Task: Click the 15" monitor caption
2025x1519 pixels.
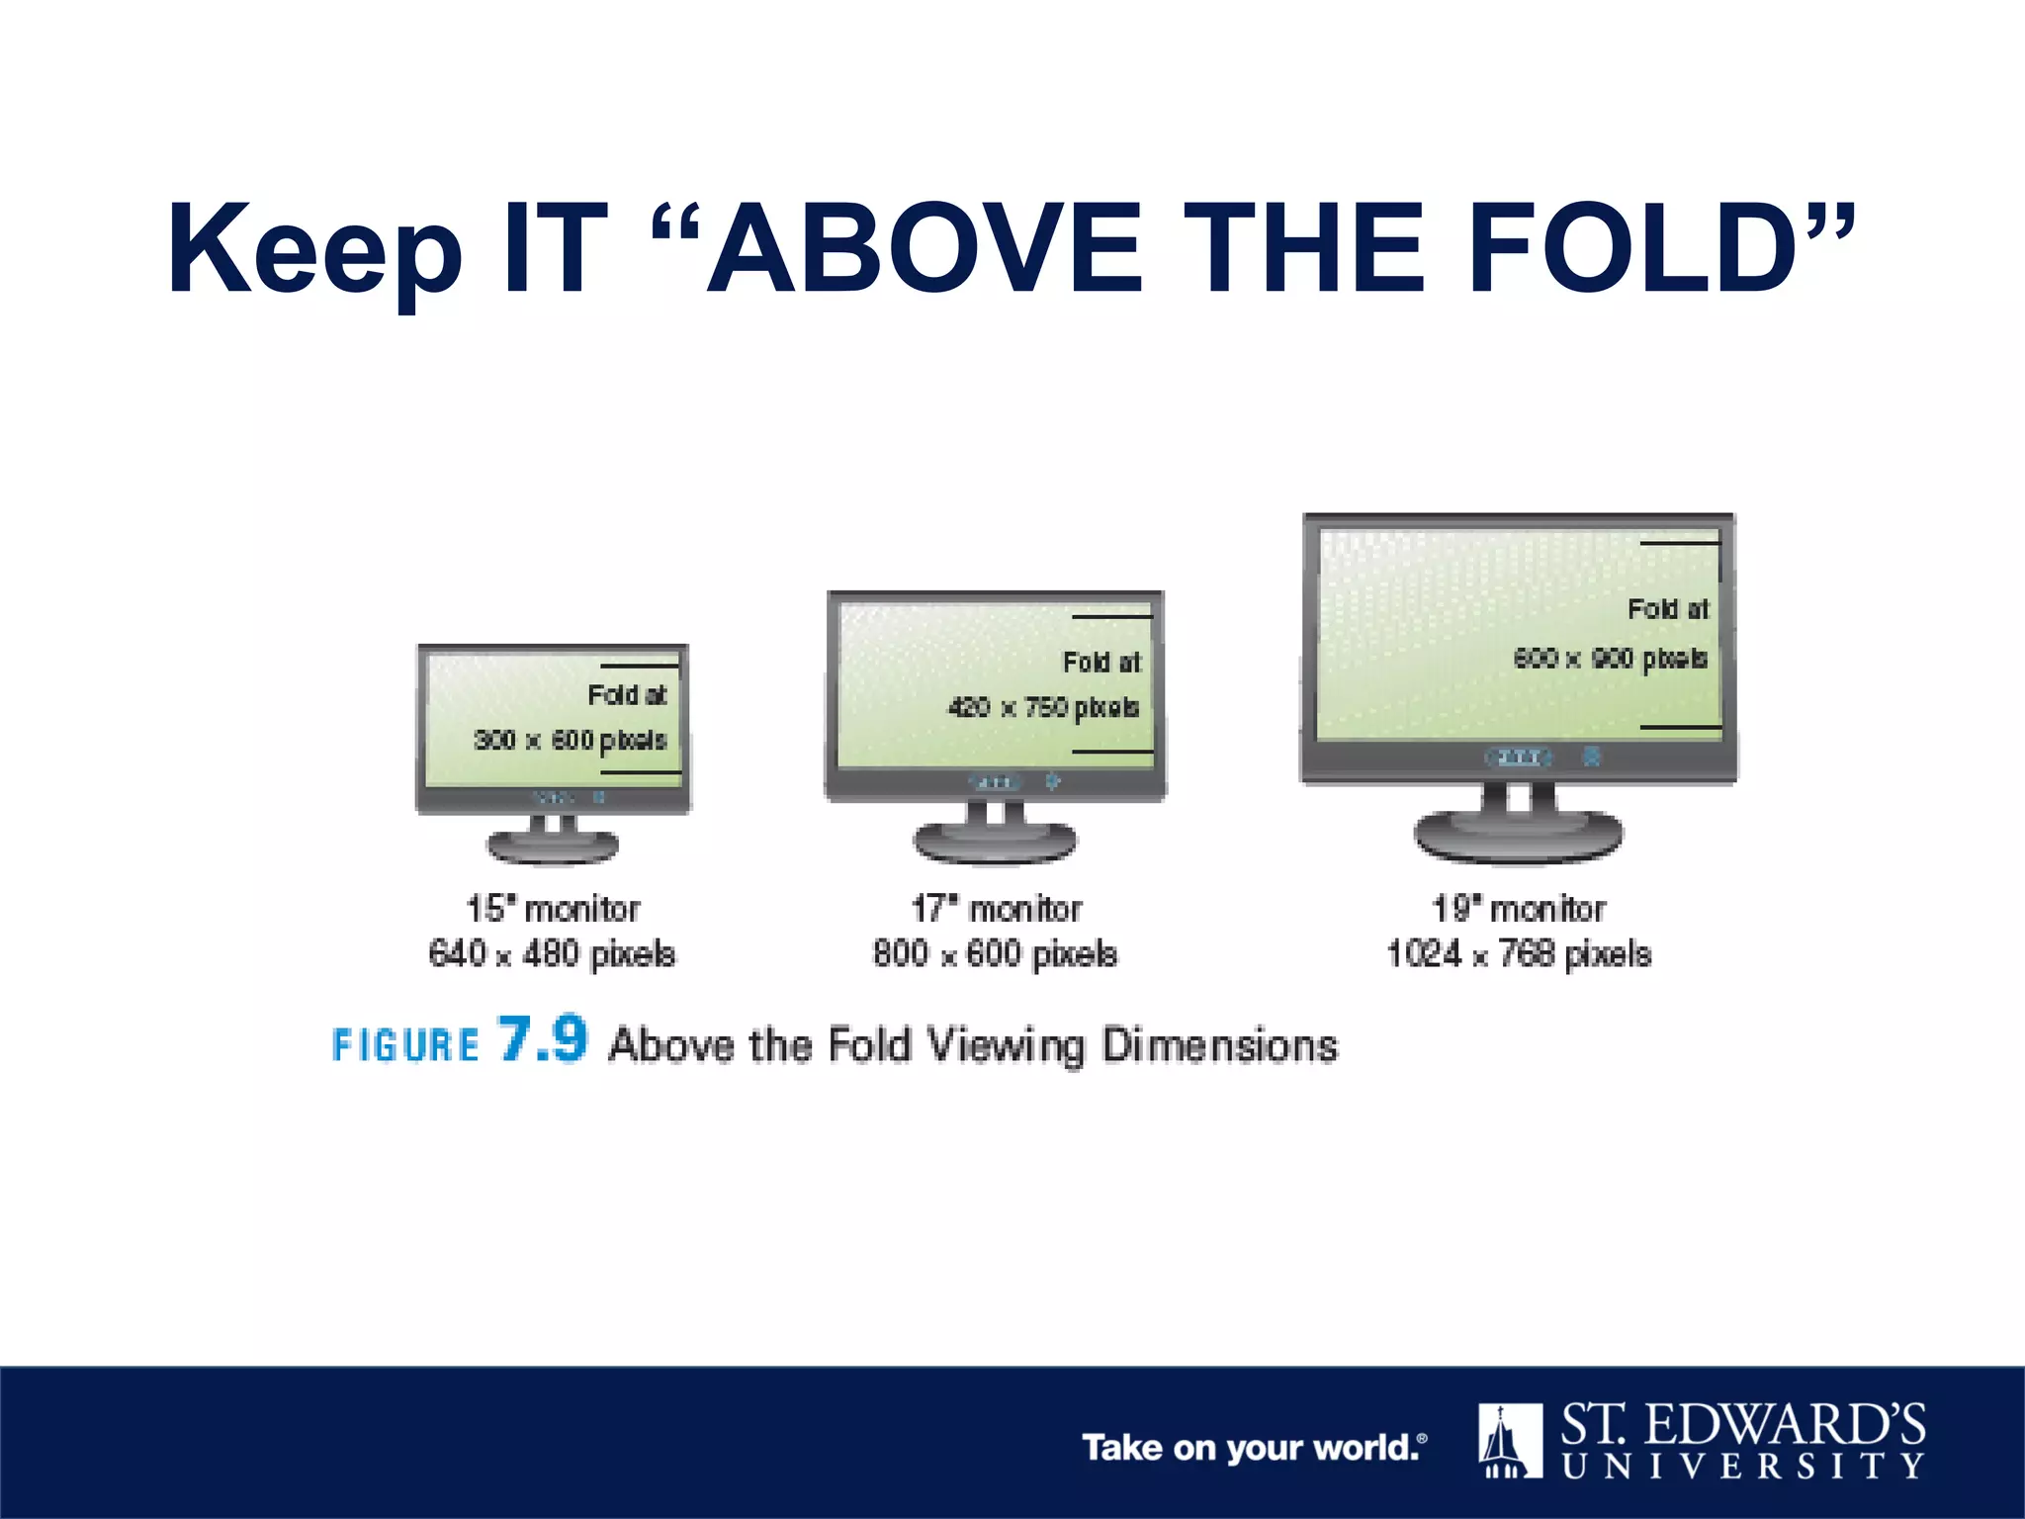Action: click(552, 909)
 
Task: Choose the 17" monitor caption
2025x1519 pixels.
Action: click(996, 909)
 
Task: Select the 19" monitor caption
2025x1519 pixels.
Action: click(1519, 909)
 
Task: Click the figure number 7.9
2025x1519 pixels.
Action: click(543, 1039)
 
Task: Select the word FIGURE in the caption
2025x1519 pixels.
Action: click(405, 1045)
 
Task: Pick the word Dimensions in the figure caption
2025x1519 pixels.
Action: click(1219, 1045)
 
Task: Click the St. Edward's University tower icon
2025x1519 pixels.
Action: click(1510, 1440)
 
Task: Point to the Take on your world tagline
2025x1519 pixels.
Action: click(1253, 1448)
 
